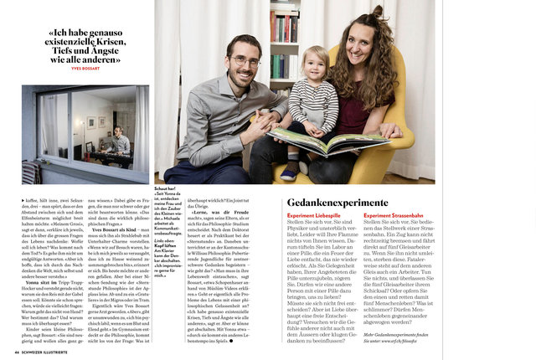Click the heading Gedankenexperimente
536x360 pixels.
(x=338, y=203)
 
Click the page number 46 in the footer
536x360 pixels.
(x=17, y=354)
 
